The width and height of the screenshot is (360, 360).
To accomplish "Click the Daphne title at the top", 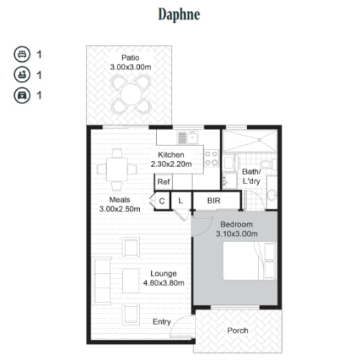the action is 179,15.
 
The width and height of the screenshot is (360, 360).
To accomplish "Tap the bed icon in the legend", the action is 22,54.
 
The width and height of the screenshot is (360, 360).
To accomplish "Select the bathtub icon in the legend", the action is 22,75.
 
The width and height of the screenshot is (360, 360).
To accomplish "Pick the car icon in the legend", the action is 22,96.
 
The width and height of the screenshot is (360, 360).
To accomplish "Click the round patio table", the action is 131,94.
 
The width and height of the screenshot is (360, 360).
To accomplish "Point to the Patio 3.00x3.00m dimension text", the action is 131,67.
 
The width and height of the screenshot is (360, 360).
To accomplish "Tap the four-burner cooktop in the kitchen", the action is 212,158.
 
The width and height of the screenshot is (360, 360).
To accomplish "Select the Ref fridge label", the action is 164,181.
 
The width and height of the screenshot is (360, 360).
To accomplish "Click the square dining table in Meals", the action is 117,169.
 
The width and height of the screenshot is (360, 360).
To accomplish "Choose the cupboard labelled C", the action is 162,200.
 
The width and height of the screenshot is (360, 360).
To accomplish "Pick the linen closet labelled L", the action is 181,200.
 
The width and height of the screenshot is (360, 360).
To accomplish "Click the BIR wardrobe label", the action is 214,200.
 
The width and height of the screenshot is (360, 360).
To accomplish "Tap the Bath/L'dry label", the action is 251,176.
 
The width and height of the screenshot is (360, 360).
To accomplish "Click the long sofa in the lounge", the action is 102,281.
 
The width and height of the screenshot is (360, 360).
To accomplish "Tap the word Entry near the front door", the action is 162,322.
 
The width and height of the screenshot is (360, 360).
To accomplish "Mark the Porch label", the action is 238,330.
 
